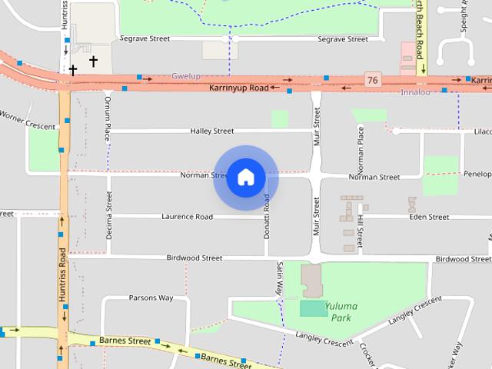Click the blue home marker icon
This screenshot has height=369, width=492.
coord(246,178)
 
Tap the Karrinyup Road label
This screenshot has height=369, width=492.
coord(239,88)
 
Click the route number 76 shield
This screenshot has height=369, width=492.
coord(373,80)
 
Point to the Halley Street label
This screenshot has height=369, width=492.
coord(212,131)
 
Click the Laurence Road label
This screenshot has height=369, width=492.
coord(187,217)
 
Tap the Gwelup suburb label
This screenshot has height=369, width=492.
coord(185,76)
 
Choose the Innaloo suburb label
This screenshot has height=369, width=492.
coord(415,92)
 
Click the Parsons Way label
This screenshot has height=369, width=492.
coord(151,298)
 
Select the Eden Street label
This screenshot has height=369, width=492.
coord(429,217)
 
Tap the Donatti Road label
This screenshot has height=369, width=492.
coord(268,216)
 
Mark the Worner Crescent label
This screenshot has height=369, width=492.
coord(27,121)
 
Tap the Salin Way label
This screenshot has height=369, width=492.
coord(281,278)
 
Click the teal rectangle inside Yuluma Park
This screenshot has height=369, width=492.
coord(312,308)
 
